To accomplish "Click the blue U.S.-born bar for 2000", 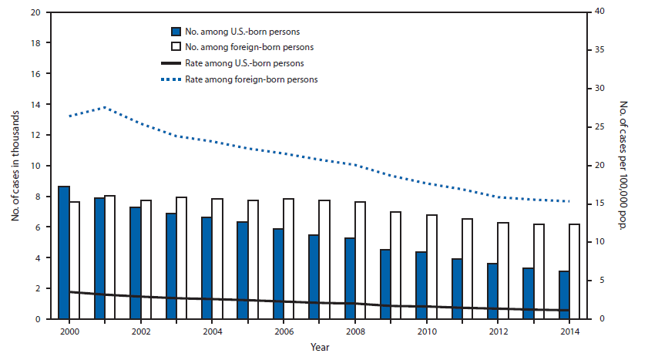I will (x=64, y=253).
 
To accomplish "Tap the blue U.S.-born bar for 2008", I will (x=349, y=278).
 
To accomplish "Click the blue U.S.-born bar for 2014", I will (x=565, y=295).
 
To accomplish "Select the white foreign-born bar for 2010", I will (x=431, y=267).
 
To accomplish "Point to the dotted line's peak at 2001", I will (x=106, y=107).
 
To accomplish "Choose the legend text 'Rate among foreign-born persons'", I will (x=262, y=79).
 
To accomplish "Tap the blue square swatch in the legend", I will (x=177, y=32).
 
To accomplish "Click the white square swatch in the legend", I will (x=177, y=47).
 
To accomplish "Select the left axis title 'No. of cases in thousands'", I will (x=15, y=166).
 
